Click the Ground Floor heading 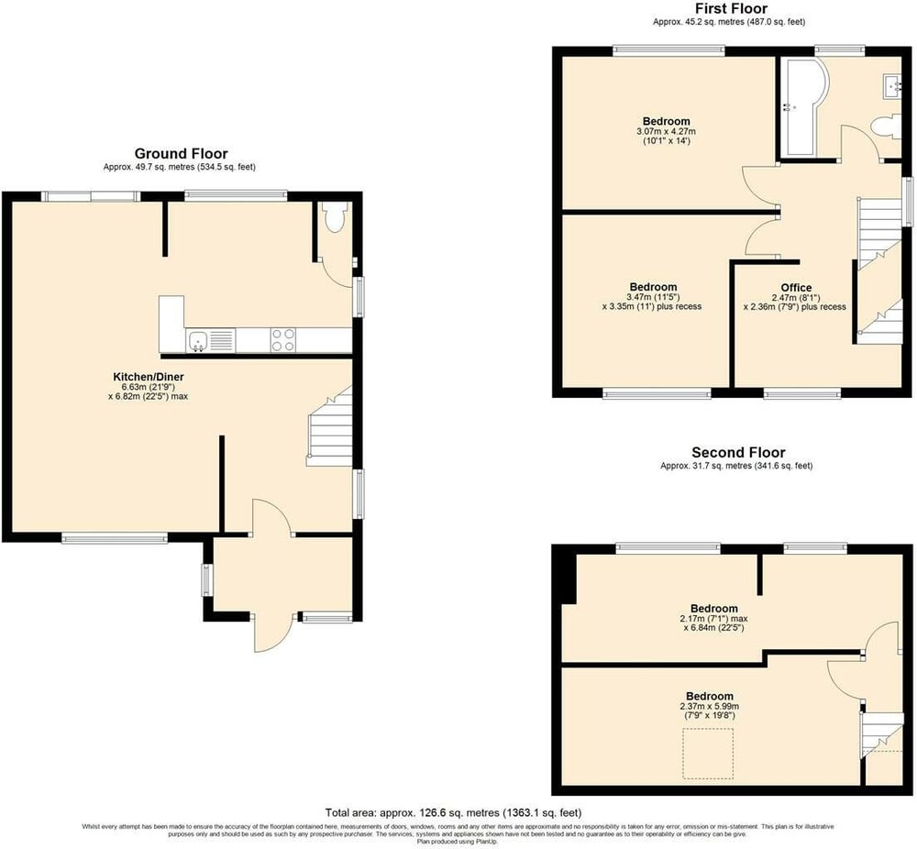182,154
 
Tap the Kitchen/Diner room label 149,377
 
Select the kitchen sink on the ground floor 198,340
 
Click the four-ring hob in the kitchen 283,340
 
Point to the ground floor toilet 335,217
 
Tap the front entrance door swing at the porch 272,634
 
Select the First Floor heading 731,8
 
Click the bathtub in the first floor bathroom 806,107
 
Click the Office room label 796,288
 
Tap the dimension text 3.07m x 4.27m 666,131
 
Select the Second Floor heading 738,453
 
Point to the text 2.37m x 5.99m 710,706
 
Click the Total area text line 454,812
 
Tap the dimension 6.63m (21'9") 148,387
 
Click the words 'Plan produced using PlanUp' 457,842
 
